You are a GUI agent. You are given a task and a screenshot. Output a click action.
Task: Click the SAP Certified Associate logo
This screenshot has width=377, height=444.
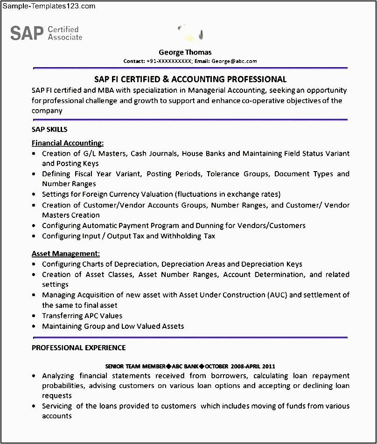tap(46, 33)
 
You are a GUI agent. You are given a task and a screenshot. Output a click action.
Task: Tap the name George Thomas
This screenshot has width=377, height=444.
tap(185, 52)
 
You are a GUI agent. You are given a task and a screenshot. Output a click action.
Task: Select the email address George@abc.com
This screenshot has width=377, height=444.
tap(234, 61)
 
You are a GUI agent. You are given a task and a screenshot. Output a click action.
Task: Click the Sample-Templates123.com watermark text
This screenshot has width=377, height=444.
tap(48, 6)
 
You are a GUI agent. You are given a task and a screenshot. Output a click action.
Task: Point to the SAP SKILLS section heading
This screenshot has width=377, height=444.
tap(49, 129)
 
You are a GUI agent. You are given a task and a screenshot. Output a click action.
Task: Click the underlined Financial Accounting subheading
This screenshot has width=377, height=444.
tap(68, 143)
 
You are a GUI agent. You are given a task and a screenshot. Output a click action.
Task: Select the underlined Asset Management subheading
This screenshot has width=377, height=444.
tap(66, 254)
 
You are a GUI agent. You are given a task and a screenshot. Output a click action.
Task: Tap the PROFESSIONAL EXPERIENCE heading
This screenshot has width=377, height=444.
tap(78, 347)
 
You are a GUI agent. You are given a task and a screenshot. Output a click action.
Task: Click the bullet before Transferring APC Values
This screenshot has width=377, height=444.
tap(35, 316)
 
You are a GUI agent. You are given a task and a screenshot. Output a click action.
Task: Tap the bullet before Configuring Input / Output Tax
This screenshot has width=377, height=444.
tap(35, 236)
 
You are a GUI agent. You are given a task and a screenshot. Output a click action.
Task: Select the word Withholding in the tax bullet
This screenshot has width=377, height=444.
tap(179, 236)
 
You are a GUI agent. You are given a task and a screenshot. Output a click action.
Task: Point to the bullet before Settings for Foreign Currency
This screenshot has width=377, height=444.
tap(35, 194)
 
